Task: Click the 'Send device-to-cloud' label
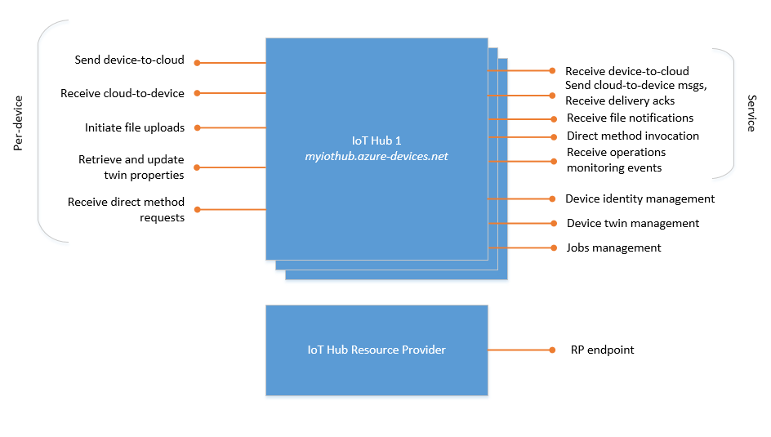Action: [x=129, y=60]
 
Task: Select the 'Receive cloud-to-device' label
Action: [x=123, y=94]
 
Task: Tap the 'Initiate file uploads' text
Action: [x=135, y=128]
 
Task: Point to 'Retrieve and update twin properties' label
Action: [x=131, y=167]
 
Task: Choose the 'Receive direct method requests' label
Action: [x=126, y=210]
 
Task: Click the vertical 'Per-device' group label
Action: [x=18, y=123]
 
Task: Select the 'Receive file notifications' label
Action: [x=630, y=118]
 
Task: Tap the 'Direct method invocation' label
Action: [x=633, y=136]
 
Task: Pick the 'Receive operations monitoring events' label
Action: [x=616, y=160]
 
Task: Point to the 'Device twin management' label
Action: [x=633, y=223]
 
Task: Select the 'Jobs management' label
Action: [x=614, y=247]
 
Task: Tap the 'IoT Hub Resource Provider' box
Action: [x=377, y=350]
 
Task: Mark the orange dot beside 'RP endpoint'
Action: [x=552, y=350]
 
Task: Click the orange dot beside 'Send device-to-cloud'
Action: [x=197, y=62]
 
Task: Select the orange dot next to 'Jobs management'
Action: [x=552, y=247]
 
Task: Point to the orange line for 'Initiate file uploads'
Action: [x=233, y=128]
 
